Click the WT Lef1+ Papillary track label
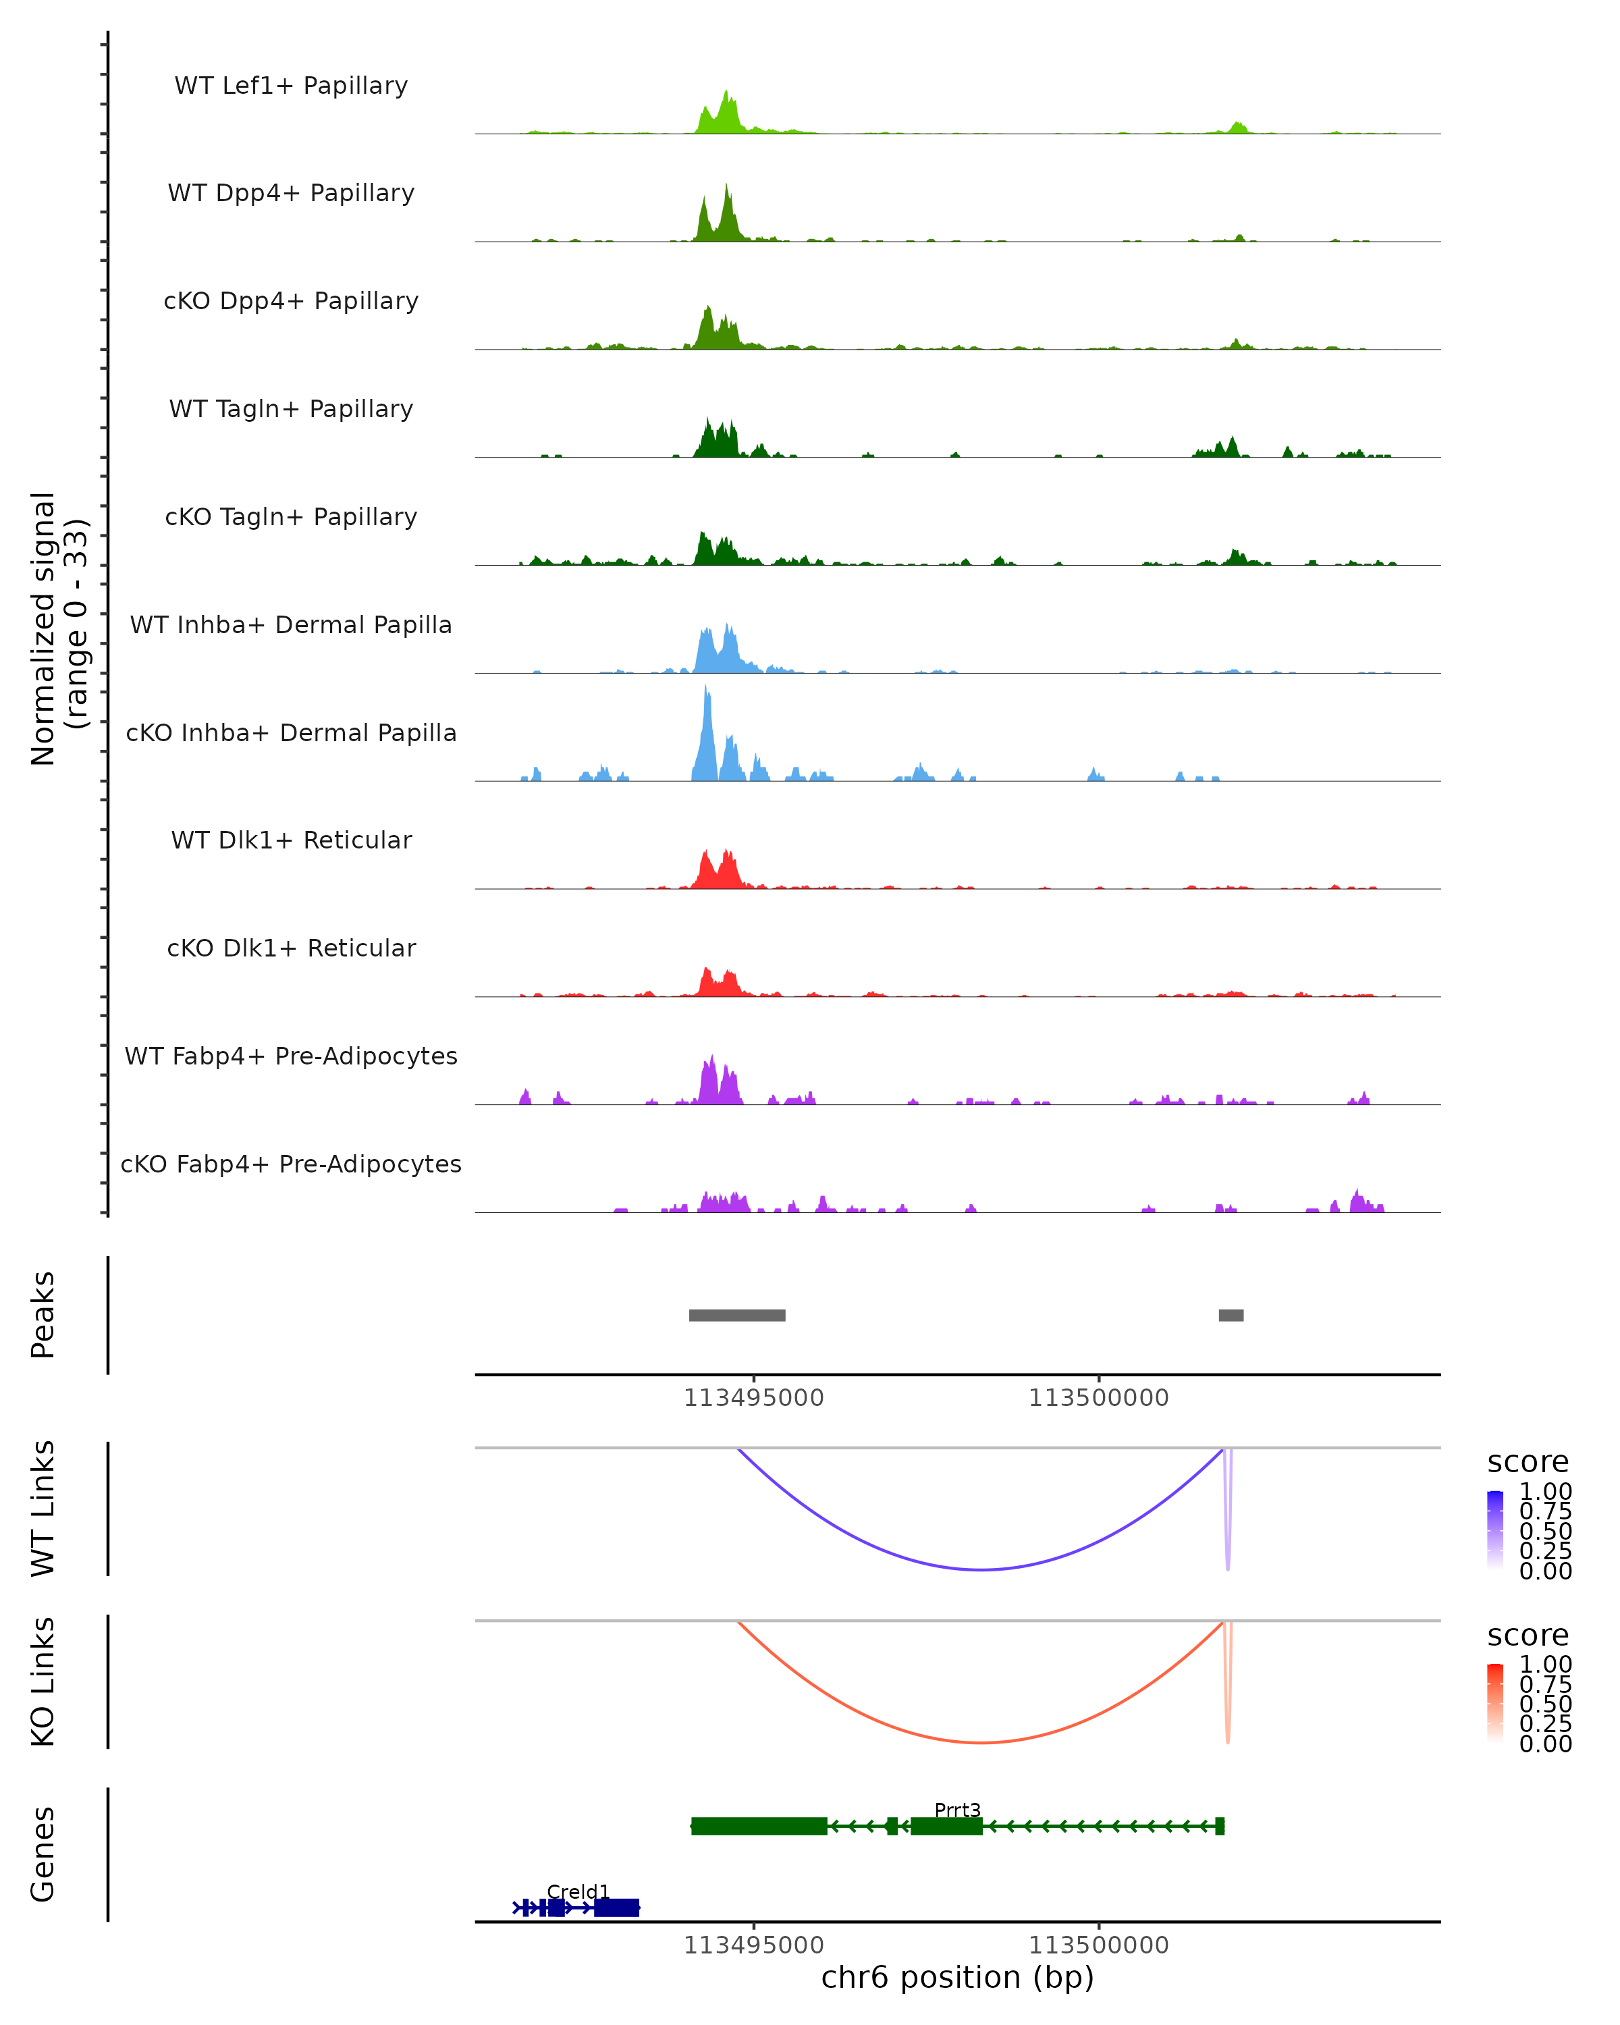click(x=291, y=86)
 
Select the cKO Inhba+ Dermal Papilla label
click(x=291, y=732)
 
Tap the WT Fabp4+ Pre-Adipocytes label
click(x=291, y=1056)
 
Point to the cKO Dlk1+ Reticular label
click(x=291, y=948)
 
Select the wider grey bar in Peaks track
click(x=737, y=1315)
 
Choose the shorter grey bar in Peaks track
click(x=1231, y=1315)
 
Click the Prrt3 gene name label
click(x=957, y=1810)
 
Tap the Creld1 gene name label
click(x=578, y=1891)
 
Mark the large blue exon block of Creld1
click(x=616, y=1908)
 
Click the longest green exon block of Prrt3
click(x=759, y=1826)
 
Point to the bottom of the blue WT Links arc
click(x=981, y=1569)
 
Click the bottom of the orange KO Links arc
click(x=981, y=1742)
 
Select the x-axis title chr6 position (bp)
click(x=957, y=1977)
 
